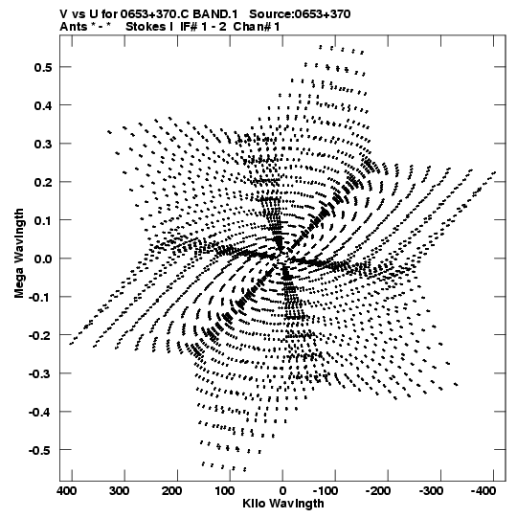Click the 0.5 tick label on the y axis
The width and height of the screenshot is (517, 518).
pyautogui.click(x=43, y=67)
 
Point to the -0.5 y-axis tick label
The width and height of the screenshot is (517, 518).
pyautogui.click(x=40, y=450)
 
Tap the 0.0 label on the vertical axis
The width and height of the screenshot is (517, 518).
pyautogui.click(x=43, y=259)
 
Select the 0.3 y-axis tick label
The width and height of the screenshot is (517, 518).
pyautogui.click(x=43, y=144)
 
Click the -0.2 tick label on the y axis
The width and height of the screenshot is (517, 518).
pyautogui.click(x=40, y=335)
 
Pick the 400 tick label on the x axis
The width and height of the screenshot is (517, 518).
pyautogui.click(x=67, y=491)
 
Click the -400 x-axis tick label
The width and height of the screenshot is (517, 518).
pyautogui.click(x=483, y=491)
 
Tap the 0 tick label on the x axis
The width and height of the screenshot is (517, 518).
pyautogui.click(x=282, y=491)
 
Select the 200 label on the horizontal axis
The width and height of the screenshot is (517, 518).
pyautogui.click(x=171, y=491)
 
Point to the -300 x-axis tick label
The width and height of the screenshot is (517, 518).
pyautogui.click(x=431, y=491)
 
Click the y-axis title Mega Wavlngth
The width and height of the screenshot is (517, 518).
pyautogui.click(x=19, y=254)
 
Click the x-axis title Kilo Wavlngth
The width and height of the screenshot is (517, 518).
pyautogui.click(x=283, y=504)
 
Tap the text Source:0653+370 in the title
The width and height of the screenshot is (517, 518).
pyautogui.click(x=300, y=13)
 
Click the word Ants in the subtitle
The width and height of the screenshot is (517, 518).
pyautogui.click(x=74, y=27)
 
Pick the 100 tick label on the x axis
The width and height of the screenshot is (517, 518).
pyautogui.click(x=225, y=491)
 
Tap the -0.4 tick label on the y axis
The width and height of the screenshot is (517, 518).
pyautogui.click(x=40, y=412)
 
